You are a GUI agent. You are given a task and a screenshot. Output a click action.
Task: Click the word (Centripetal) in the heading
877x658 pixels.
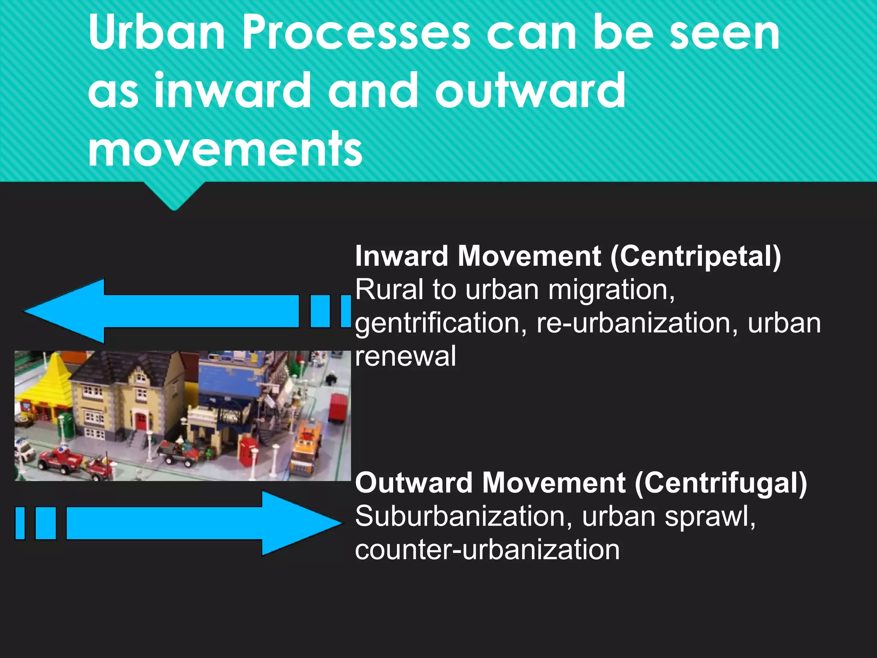pos(696,256)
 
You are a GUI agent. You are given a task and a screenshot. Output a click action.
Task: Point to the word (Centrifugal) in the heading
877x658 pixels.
pos(721,483)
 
